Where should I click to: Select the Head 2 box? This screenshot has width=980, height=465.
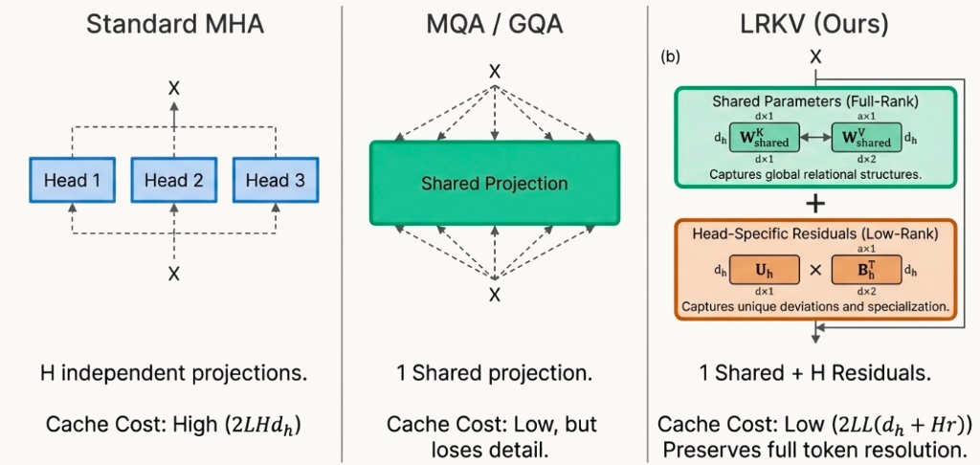coord(173,179)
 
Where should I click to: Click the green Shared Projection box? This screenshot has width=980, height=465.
coord(495,183)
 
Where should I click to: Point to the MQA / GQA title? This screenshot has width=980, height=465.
coord(495,24)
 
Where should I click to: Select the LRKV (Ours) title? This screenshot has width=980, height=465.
coord(814,24)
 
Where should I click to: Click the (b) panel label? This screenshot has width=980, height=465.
coord(670,56)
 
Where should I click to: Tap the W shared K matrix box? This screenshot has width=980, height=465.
coord(764,138)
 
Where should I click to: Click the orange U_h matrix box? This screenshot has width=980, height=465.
coord(764,271)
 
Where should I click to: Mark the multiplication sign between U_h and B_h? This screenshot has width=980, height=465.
coord(815,271)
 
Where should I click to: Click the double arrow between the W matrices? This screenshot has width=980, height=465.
coord(815,138)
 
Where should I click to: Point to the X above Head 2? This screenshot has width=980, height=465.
coord(173,87)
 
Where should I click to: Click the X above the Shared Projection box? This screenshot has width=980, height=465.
coord(495,71)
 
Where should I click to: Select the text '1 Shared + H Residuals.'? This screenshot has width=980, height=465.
coord(814,373)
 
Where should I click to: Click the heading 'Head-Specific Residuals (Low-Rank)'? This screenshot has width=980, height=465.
coord(814,233)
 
